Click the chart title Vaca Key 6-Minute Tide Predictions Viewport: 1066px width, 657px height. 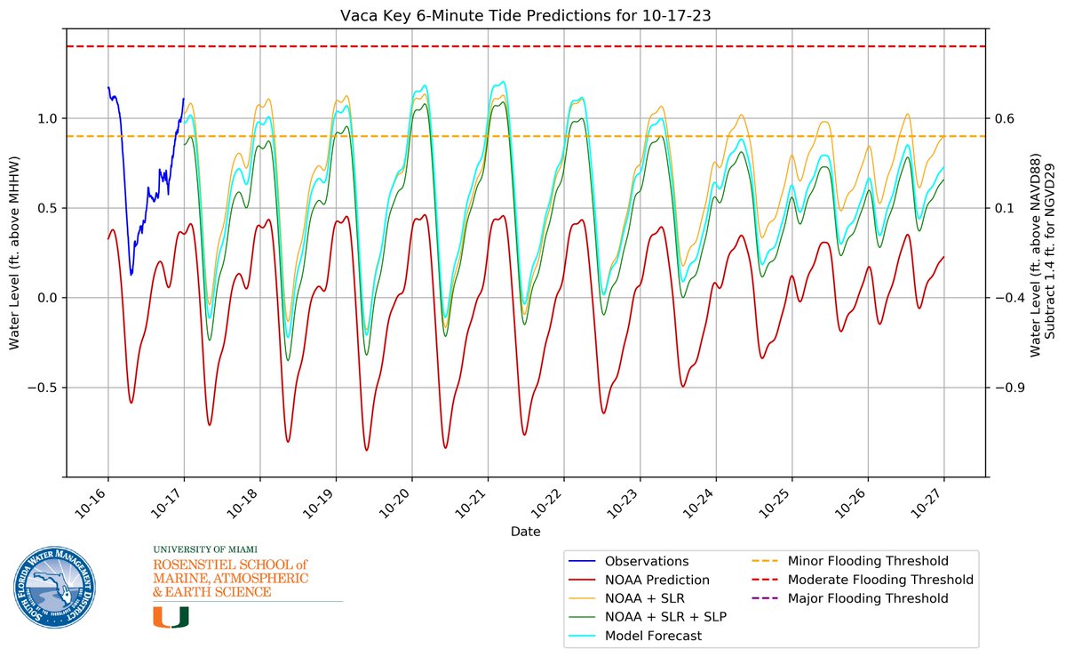pyautogui.click(x=526, y=16)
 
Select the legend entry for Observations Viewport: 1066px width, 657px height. pyautogui.click(x=646, y=561)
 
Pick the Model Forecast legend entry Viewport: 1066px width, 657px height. pyautogui.click(x=653, y=636)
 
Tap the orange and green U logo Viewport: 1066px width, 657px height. pyautogui.click(x=171, y=617)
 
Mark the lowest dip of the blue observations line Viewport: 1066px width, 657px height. pyautogui.click(x=131, y=275)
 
